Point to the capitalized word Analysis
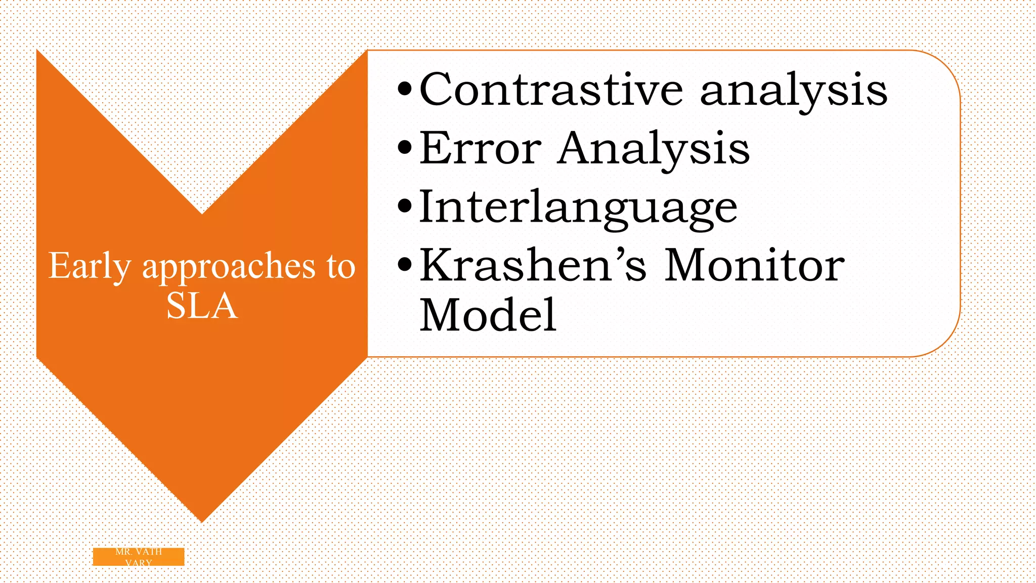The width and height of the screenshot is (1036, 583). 653,149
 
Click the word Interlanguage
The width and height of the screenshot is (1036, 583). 578,207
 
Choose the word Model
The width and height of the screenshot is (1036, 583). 488,315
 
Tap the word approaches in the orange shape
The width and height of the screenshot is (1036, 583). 229,267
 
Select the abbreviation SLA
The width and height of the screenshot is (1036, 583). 202,306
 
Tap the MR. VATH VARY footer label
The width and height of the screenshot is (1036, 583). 139,557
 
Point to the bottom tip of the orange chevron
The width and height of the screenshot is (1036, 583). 202,520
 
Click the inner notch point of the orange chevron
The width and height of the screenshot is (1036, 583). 202,213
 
